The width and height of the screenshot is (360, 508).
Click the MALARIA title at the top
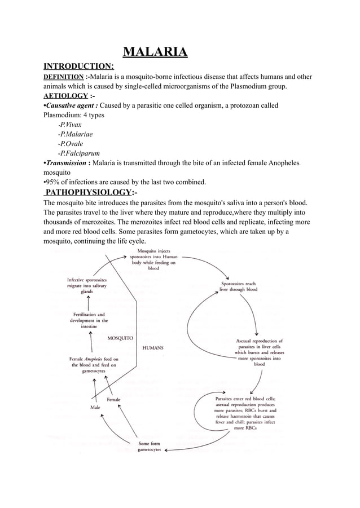[155, 54]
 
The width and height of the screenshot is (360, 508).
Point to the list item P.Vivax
[70, 125]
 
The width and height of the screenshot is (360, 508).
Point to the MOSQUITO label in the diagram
[120, 338]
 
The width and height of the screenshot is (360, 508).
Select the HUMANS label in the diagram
[152, 348]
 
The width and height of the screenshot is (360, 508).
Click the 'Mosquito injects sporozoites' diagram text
[153, 259]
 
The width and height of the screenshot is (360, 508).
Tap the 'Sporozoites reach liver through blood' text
[239, 286]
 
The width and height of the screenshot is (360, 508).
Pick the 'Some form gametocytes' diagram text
[150, 447]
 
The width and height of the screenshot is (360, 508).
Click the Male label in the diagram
[96, 406]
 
